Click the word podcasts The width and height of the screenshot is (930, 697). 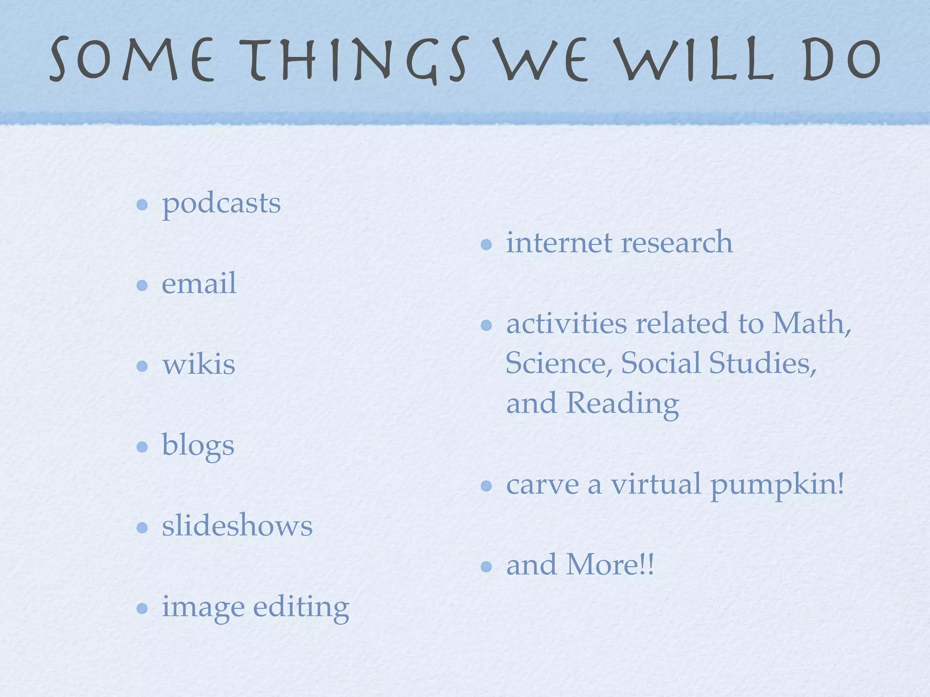click(x=222, y=204)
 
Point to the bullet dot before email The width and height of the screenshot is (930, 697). click(x=142, y=285)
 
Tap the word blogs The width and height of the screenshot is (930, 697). click(x=198, y=446)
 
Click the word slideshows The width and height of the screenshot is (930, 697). click(x=237, y=526)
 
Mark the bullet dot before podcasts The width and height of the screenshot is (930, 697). click(x=142, y=205)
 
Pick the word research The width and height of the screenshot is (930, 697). click(x=677, y=243)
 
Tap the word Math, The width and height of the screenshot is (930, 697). click(x=811, y=324)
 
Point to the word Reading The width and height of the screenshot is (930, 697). click(x=623, y=404)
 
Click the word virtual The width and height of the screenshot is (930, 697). click(x=655, y=484)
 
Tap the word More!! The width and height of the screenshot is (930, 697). click(x=610, y=565)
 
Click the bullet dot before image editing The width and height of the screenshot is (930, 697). click(x=142, y=608)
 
